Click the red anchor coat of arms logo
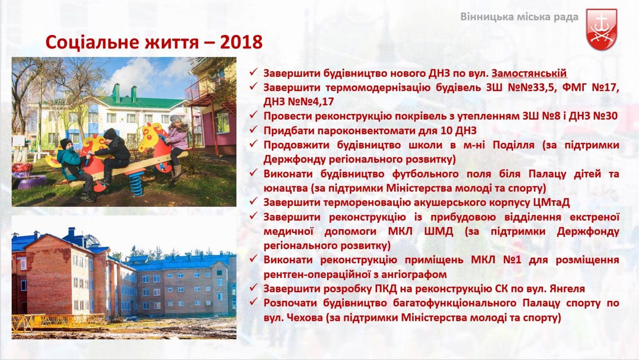pos(601,29)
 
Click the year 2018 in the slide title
pos(241,42)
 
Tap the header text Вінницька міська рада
pos(519,17)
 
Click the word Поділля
pos(514,145)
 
